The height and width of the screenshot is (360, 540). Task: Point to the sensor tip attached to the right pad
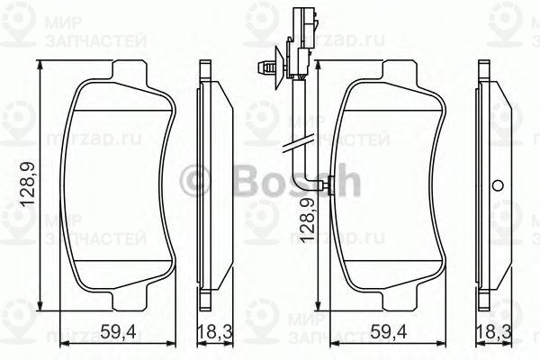329,185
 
